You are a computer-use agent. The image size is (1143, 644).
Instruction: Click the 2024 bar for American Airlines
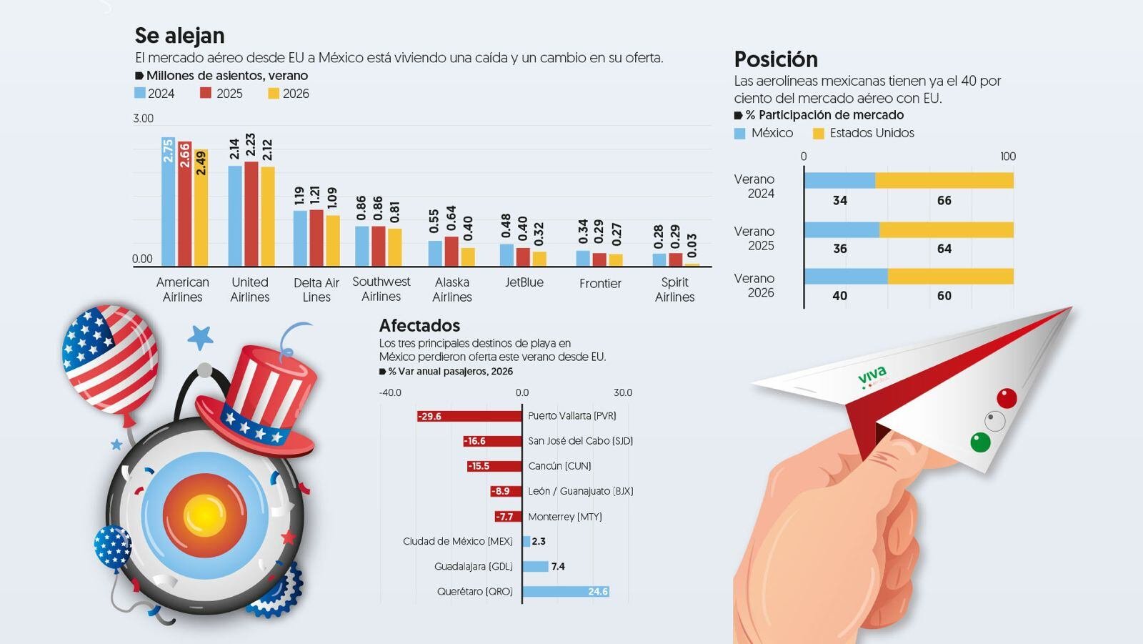(x=169, y=202)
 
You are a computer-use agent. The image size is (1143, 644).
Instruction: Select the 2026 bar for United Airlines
(x=268, y=216)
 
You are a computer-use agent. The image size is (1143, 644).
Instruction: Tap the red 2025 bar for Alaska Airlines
(x=451, y=252)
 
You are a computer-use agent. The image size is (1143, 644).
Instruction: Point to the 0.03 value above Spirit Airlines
(x=692, y=246)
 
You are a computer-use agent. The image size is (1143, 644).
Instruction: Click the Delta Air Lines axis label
(x=316, y=289)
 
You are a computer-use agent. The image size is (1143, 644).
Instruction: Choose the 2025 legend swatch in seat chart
(x=206, y=93)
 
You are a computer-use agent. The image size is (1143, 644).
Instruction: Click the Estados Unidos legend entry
(x=864, y=133)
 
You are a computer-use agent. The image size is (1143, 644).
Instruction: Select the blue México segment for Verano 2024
(x=840, y=180)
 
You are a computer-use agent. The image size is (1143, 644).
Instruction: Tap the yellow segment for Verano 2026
(x=950, y=277)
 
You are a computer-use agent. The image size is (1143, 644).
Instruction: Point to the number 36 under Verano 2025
(x=840, y=249)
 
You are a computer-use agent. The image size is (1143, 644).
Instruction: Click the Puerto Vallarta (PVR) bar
(x=469, y=416)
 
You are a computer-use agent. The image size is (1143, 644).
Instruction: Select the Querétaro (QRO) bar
(x=566, y=591)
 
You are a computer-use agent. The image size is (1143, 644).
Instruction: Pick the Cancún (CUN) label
(x=559, y=466)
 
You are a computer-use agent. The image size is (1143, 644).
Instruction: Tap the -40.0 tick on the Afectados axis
(x=390, y=392)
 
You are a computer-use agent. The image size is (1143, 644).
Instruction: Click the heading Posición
(x=776, y=60)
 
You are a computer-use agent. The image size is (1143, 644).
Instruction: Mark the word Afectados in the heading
(x=419, y=325)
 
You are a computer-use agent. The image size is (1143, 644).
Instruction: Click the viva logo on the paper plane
(x=872, y=377)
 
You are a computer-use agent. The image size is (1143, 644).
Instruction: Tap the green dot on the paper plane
(x=980, y=442)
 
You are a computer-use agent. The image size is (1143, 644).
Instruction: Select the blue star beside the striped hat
(x=200, y=337)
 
